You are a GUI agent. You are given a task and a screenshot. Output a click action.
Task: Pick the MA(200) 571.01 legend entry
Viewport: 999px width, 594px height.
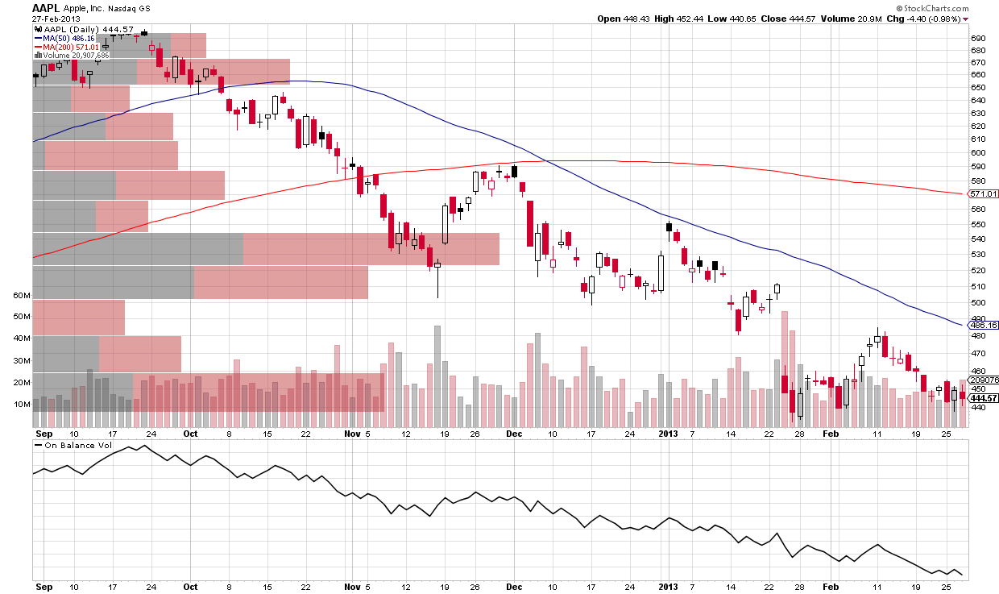68,47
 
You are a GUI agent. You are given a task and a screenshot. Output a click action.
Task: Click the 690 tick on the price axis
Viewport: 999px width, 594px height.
978,39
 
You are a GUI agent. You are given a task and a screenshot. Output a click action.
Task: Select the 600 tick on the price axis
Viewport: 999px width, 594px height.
978,152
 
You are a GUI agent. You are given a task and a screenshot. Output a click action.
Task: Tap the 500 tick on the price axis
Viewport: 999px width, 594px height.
978,303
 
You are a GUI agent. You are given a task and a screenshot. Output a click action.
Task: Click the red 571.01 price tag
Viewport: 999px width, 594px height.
983,194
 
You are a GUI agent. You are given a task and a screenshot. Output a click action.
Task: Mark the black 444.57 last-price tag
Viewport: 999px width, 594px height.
983,398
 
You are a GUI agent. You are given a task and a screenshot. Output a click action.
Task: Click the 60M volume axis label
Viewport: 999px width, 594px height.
22,296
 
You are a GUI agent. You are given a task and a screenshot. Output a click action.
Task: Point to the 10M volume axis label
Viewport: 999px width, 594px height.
22,405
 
